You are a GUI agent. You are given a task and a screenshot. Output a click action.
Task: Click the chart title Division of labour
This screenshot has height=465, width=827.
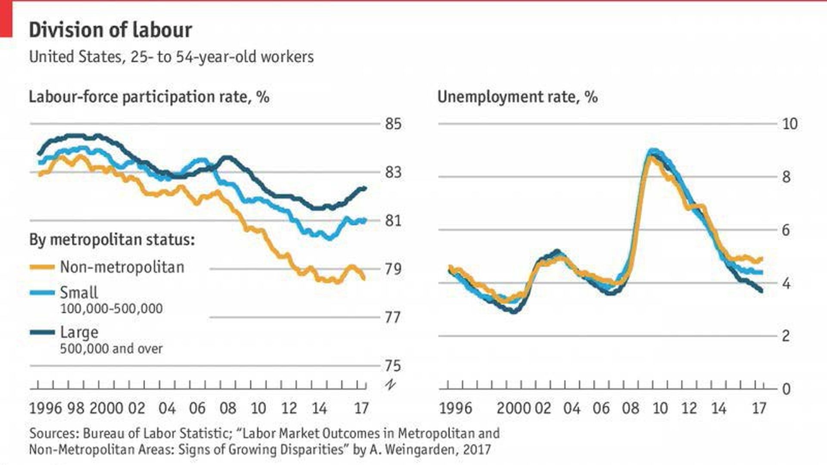coord(110,30)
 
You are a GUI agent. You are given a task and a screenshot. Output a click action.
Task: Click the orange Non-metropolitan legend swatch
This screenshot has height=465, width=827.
coord(42,267)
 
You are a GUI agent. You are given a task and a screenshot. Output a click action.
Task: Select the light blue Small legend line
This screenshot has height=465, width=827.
coord(42,293)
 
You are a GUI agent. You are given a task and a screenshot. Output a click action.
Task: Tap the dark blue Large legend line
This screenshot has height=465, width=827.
coord(42,332)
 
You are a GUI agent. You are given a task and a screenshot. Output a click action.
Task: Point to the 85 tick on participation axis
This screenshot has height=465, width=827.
coord(393,124)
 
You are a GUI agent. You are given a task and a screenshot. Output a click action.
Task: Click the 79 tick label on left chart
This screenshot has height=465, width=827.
coord(393,269)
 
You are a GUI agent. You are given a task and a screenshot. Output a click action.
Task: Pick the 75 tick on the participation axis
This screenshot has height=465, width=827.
coord(393,366)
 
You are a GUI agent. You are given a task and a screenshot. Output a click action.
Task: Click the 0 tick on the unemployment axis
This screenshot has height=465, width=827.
coord(787,389)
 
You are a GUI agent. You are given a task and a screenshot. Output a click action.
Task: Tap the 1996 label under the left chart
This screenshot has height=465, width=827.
coord(45,408)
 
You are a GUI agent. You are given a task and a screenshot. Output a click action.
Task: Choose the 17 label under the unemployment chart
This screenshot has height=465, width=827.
coord(759,408)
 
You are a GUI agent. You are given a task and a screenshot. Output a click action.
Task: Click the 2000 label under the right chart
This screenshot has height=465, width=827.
coord(513,408)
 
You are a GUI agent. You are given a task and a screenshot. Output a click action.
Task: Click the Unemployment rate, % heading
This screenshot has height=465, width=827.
coord(517,97)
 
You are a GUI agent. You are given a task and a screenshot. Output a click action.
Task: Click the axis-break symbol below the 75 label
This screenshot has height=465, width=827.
coord(391,384)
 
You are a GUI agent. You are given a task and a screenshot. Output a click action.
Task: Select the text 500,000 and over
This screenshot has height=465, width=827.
coord(111,348)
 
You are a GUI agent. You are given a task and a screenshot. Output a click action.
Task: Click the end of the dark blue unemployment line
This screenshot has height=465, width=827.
coord(761,291)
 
